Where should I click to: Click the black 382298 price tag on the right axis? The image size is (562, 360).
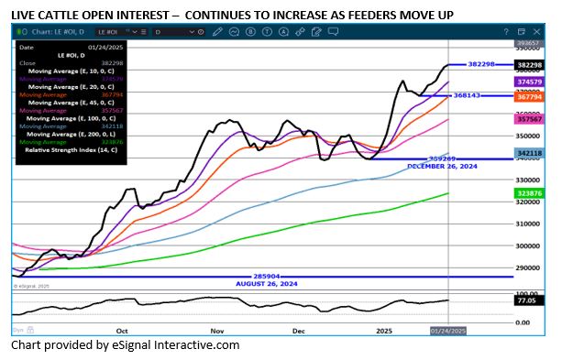pyautogui.click(x=529, y=65)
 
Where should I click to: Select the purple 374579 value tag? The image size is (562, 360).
pyautogui.click(x=529, y=82)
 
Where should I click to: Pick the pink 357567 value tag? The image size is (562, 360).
pyautogui.click(x=529, y=119)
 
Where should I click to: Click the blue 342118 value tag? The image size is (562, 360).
pyautogui.click(x=529, y=153)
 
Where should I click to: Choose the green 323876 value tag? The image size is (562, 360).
pyautogui.click(x=529, y=194)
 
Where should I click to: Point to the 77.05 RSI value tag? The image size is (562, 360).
pyautogui.click(x=529, y=300)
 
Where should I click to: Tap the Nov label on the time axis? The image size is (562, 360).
pyautogui.click(x=216, y=328)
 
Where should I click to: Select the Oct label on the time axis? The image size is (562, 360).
pyautogui.click(x=122, y=328)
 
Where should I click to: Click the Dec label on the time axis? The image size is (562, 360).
pyautogui.click(x=299, y=328)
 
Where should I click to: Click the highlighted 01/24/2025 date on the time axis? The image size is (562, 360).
pyautogui.click(x=448, y=329)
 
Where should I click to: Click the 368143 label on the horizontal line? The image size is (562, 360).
pyautogui.click(x=468, y=95)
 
